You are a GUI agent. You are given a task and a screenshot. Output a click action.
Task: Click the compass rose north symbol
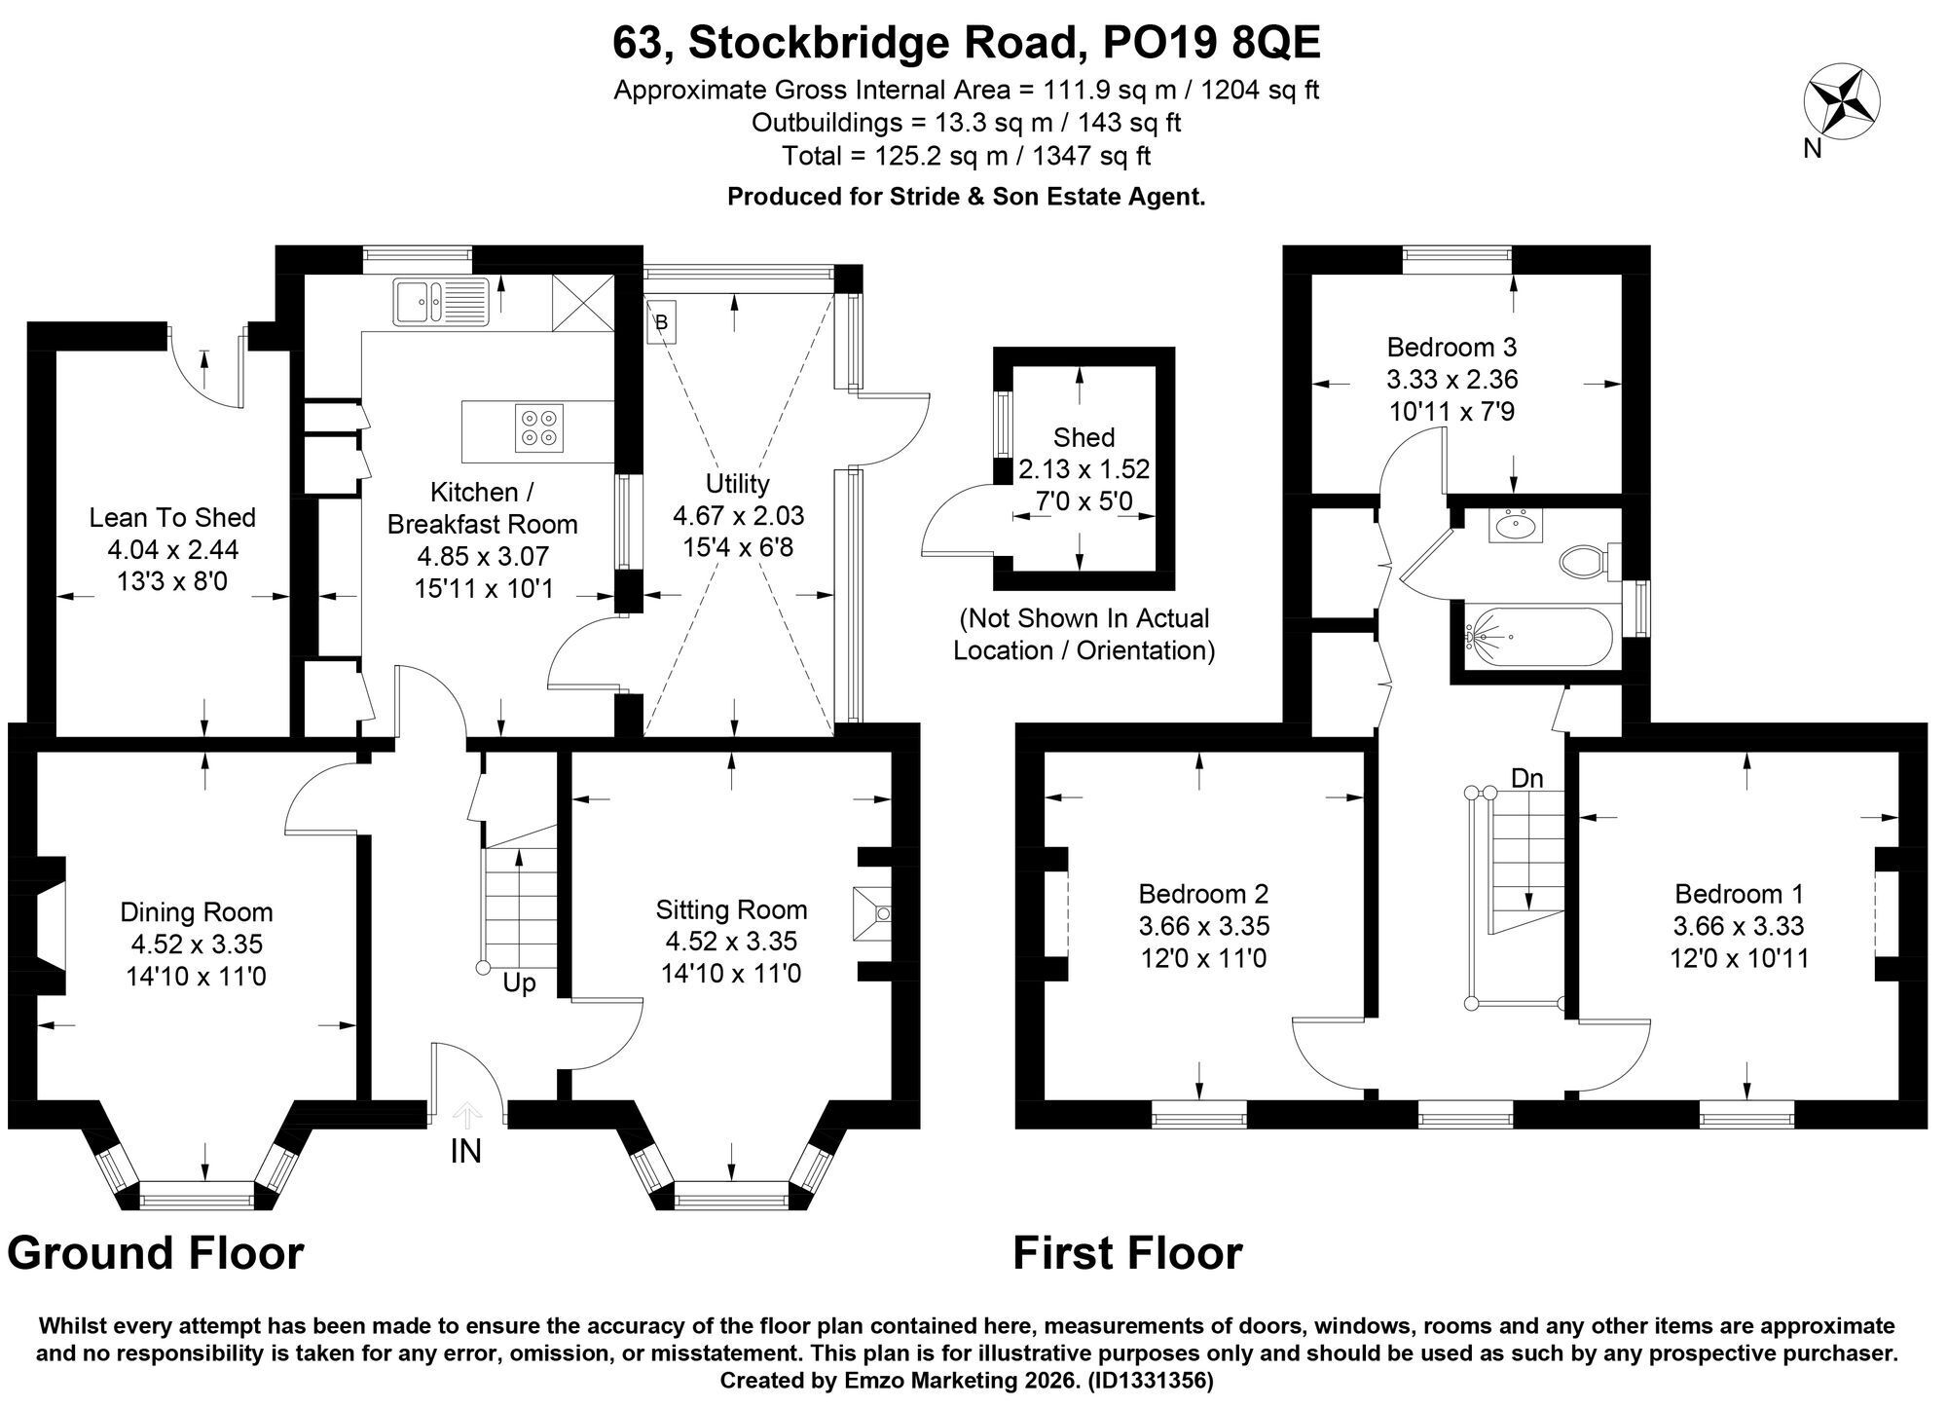click(1842, 101)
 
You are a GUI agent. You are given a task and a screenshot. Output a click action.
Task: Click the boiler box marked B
click(661, 321)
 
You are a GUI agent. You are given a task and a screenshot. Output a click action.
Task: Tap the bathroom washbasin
click(1513, 526)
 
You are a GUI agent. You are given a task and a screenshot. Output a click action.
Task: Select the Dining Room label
click(197, 912)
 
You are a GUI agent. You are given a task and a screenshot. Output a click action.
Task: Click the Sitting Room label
click(731, 909)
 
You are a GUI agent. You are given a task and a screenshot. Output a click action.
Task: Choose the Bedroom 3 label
click(1452, 347)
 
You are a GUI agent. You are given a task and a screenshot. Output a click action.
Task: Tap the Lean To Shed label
click(172, 517)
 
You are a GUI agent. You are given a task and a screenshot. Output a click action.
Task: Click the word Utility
click(738, 484)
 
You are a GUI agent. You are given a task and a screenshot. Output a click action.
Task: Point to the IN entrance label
click(465, 1152)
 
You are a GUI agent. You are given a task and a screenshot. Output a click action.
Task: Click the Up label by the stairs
click(519, 983)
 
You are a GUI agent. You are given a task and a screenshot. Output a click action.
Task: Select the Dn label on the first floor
click(1527, 778)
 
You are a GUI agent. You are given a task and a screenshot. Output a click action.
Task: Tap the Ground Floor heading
click(156, 1253)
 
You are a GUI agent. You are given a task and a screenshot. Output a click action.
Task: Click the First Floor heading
click(1127, 1253)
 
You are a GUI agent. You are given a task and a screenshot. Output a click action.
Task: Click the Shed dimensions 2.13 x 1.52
click(1084, 470)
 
